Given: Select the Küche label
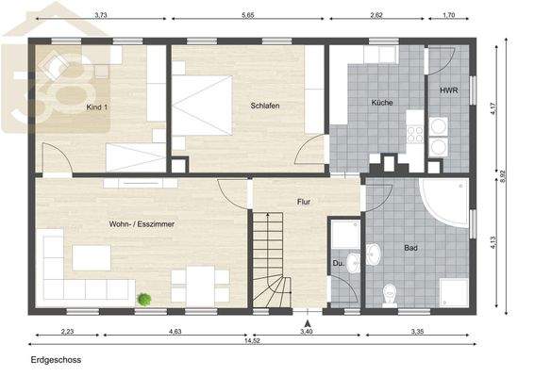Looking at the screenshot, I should point(381,102).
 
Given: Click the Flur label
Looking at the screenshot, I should point(304,202).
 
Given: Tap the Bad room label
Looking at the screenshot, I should point(410,249).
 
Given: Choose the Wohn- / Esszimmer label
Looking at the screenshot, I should point(142,223).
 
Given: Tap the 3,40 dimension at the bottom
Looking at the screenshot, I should point(307,332).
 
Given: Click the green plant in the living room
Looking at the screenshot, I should point(144,299).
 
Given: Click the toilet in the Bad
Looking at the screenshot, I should point(392,296).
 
